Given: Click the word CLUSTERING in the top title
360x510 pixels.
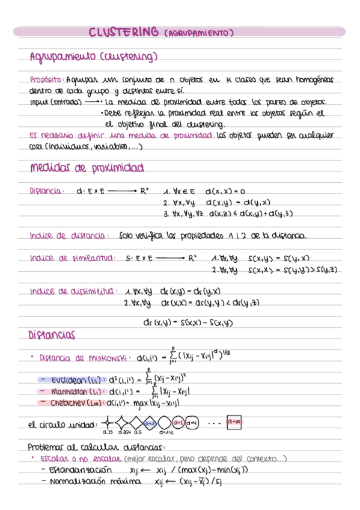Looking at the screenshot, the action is [x=124, y=32].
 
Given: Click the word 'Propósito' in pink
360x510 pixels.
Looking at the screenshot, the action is [x=46, y=79].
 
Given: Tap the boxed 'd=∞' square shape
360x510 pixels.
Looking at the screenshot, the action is [x=234, y=423].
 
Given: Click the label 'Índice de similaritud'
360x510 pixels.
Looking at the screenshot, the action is [x=73, y=258].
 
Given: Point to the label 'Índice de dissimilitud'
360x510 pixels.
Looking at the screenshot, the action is [x=73, y=292].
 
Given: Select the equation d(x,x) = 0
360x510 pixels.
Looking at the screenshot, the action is [x=225, y=191].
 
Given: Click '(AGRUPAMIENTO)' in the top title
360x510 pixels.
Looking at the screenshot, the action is [x=198, y=33].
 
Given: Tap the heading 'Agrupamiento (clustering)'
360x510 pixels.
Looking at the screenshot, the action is [x=93, y=57].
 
